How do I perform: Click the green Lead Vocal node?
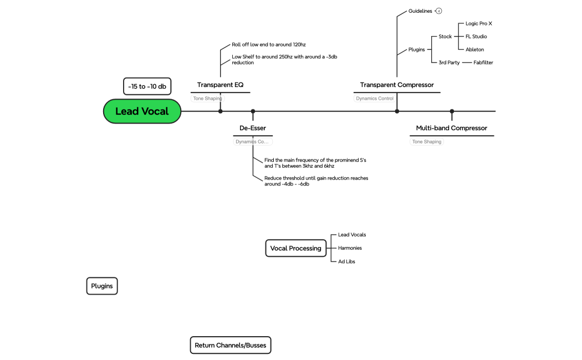pos(142,111)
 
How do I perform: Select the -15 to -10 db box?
pos(147,86)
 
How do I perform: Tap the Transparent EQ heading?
pos(220,85)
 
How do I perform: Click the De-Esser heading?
pos(253,128)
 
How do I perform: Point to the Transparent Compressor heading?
pos(397,85)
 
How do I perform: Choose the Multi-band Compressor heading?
pos(452,128)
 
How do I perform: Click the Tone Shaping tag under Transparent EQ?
pos(207,99)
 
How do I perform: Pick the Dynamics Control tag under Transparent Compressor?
pos(375,99)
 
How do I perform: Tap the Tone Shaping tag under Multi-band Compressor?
pos(427,142)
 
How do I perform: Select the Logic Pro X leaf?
pos(478,24)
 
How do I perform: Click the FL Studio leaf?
pos(476,37)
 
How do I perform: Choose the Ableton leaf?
pos(474,49)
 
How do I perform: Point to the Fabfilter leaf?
pos(483,63)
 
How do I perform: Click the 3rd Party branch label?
pos(449,63)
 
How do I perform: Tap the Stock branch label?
pos(445,37)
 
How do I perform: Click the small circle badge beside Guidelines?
pos(439,11)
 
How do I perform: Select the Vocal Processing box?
pos(295,248)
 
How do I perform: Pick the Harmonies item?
pos(350,248)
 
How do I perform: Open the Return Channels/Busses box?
pos(230,345)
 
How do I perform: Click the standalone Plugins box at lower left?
pos(102,286)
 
